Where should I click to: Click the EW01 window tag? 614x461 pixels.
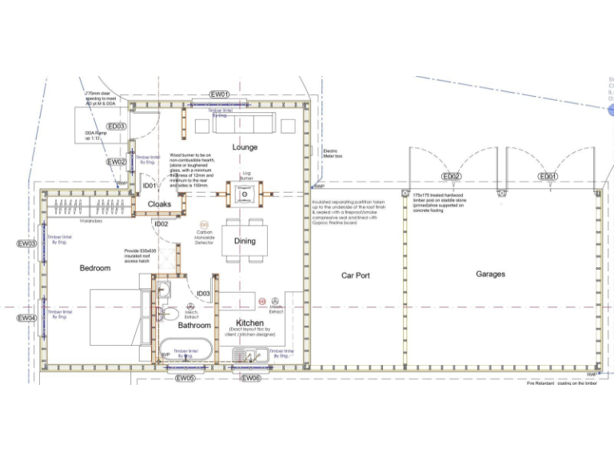[220, 94]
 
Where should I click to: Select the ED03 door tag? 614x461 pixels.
[116, 126]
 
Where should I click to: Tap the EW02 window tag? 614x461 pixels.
[116, 162]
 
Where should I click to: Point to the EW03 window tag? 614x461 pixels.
[26, 243]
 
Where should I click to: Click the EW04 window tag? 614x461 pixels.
[26, 318]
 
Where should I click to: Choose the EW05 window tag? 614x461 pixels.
[185, 378]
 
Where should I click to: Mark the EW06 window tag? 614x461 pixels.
[250, 378]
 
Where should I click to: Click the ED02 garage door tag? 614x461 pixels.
[452, 176]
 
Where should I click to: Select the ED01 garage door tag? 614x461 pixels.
[548, 176]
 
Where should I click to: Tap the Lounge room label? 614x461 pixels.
[245, 147]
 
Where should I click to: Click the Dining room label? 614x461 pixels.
[245, 241]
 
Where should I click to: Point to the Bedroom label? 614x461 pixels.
[94, 268]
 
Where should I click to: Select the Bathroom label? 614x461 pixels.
[194, 326]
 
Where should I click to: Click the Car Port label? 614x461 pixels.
[356, 275]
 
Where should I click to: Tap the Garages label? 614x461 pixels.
[491, 275]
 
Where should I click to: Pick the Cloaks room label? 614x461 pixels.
[159, 204]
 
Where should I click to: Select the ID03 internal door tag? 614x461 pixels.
[203, 294]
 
